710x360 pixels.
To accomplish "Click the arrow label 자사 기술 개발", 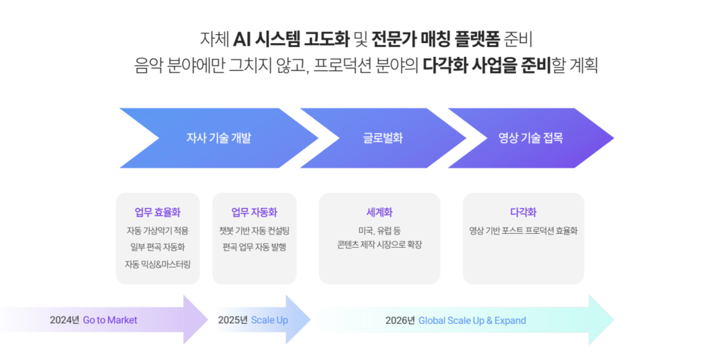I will [218, 138].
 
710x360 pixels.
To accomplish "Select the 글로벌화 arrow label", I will [383, 138].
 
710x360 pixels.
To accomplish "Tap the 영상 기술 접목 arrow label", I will [530, 138].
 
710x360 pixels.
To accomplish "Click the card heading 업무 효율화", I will [157, 212].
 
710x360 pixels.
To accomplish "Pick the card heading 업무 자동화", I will [254, 212].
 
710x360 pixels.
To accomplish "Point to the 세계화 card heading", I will [379, 212].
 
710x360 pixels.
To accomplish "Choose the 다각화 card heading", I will [523, 212].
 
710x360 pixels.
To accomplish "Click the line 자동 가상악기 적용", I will [157, 230].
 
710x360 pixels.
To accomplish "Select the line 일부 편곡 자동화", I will [157, 247].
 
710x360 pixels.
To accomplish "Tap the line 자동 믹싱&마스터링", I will [157, 264].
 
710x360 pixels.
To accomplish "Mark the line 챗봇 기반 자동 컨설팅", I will [254, 230].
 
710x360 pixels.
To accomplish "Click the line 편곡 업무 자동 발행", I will [254, 247].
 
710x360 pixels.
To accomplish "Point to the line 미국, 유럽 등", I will [379, 230].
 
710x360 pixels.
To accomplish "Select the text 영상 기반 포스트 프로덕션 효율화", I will [523, 230].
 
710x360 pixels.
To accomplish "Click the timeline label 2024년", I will [64, 320].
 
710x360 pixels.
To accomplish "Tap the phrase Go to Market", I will [110, 320].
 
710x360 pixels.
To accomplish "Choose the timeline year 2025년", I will [232, 320].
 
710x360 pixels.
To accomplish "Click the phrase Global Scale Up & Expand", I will [472, 320].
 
